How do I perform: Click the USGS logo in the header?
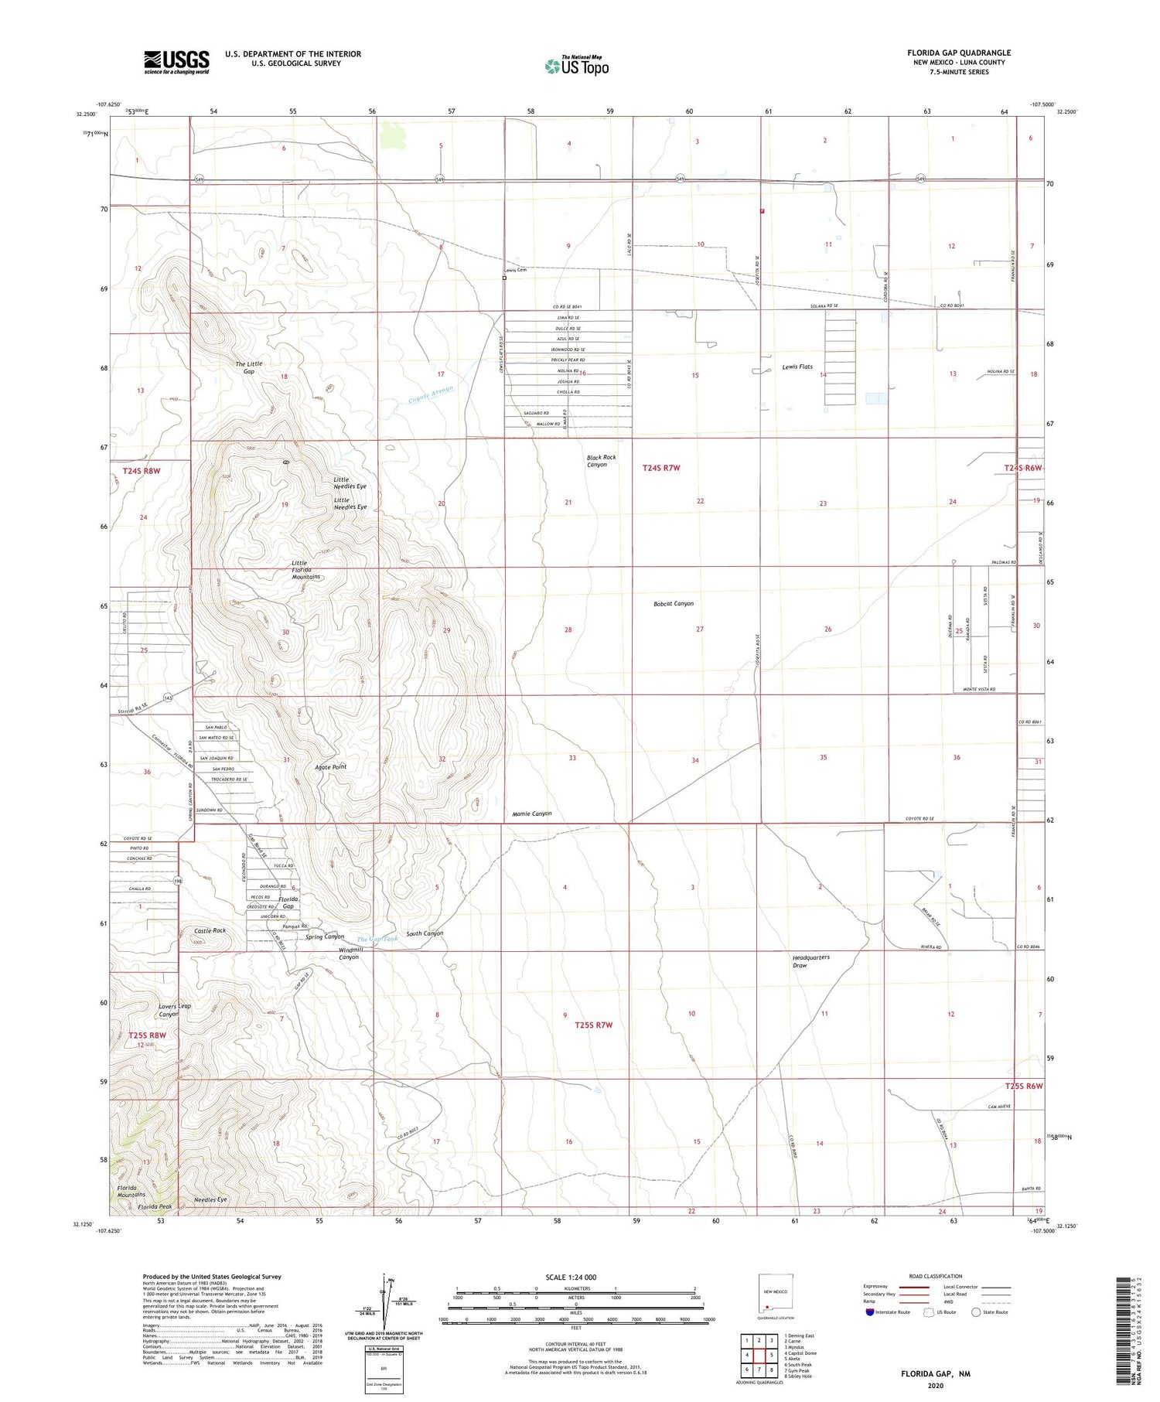(x=176, y=62)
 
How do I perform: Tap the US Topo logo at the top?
(x=577, y=66)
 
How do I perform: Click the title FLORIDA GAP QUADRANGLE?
(x=959, y=53)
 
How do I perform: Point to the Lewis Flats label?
(x=797, y=367)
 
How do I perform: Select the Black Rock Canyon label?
(x=601, y=461)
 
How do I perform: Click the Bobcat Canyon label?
(x=674, y=603)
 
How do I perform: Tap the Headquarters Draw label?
(x=810, y=960)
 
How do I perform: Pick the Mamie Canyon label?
(x=532, y=814)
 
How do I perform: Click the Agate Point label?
(x=329, y=766)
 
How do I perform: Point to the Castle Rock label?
(x=210, y=930)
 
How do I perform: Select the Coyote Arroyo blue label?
(x=431, y=394)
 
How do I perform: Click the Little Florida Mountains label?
(x=305, y=570)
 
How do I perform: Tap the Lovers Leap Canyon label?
(x=175, y=1010)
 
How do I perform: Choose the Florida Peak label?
(x=155, y=1206)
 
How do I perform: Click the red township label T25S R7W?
(x=594, y=1025)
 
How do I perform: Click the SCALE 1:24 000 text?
(x=571, y=1277)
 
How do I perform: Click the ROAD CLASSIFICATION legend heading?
(x=936, y=1276)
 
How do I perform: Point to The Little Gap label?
(x=249, y=367)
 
